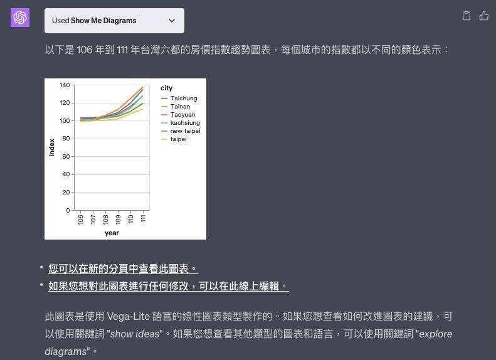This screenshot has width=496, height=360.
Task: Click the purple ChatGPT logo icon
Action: [20, 18]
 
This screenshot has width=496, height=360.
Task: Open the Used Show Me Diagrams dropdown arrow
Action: [172, 21]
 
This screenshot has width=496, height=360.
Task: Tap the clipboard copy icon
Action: [467, 16]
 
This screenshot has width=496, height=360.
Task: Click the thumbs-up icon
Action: [483, 16]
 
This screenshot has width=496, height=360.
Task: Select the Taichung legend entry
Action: [179, 98]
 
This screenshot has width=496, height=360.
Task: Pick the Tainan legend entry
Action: [176, 107]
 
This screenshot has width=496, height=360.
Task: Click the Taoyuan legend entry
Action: [178, 115]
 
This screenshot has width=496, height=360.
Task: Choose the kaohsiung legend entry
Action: [181, 123]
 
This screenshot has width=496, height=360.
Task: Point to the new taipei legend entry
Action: [181, 131]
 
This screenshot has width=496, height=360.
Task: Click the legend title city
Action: [166, 88]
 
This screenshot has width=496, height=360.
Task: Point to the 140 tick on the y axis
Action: [65, 85]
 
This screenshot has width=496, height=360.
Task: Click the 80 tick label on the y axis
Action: [66, 139]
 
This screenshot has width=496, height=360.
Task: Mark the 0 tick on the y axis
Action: [68, 210]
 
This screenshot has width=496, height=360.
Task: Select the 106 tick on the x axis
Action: [80, 220]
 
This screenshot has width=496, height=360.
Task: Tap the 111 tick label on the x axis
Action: [143, 219]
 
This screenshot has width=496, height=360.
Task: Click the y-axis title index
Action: [51, 147]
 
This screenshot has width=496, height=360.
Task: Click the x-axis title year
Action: [112, 233]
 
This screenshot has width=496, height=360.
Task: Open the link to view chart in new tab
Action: [124, 269]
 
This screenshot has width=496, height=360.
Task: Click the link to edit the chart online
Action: [169, 286]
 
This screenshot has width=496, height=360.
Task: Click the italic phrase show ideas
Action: [135, 334]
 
